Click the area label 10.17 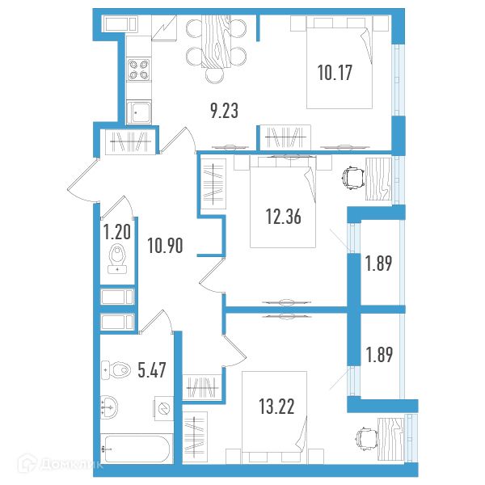coord(335,73)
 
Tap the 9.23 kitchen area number coord(224,111)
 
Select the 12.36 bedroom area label coord(284,216)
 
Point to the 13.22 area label coord(276,406)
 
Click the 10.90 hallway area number coord(165,245)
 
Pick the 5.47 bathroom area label coord(152,370)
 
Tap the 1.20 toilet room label coord(117,232)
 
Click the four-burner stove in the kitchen coord(138,70)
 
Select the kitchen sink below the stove coord(139,112)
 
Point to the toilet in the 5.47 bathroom coord(115,369)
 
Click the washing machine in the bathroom coord(163,408)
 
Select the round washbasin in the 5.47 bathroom coord(109,407)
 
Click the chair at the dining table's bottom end coord(215,75)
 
